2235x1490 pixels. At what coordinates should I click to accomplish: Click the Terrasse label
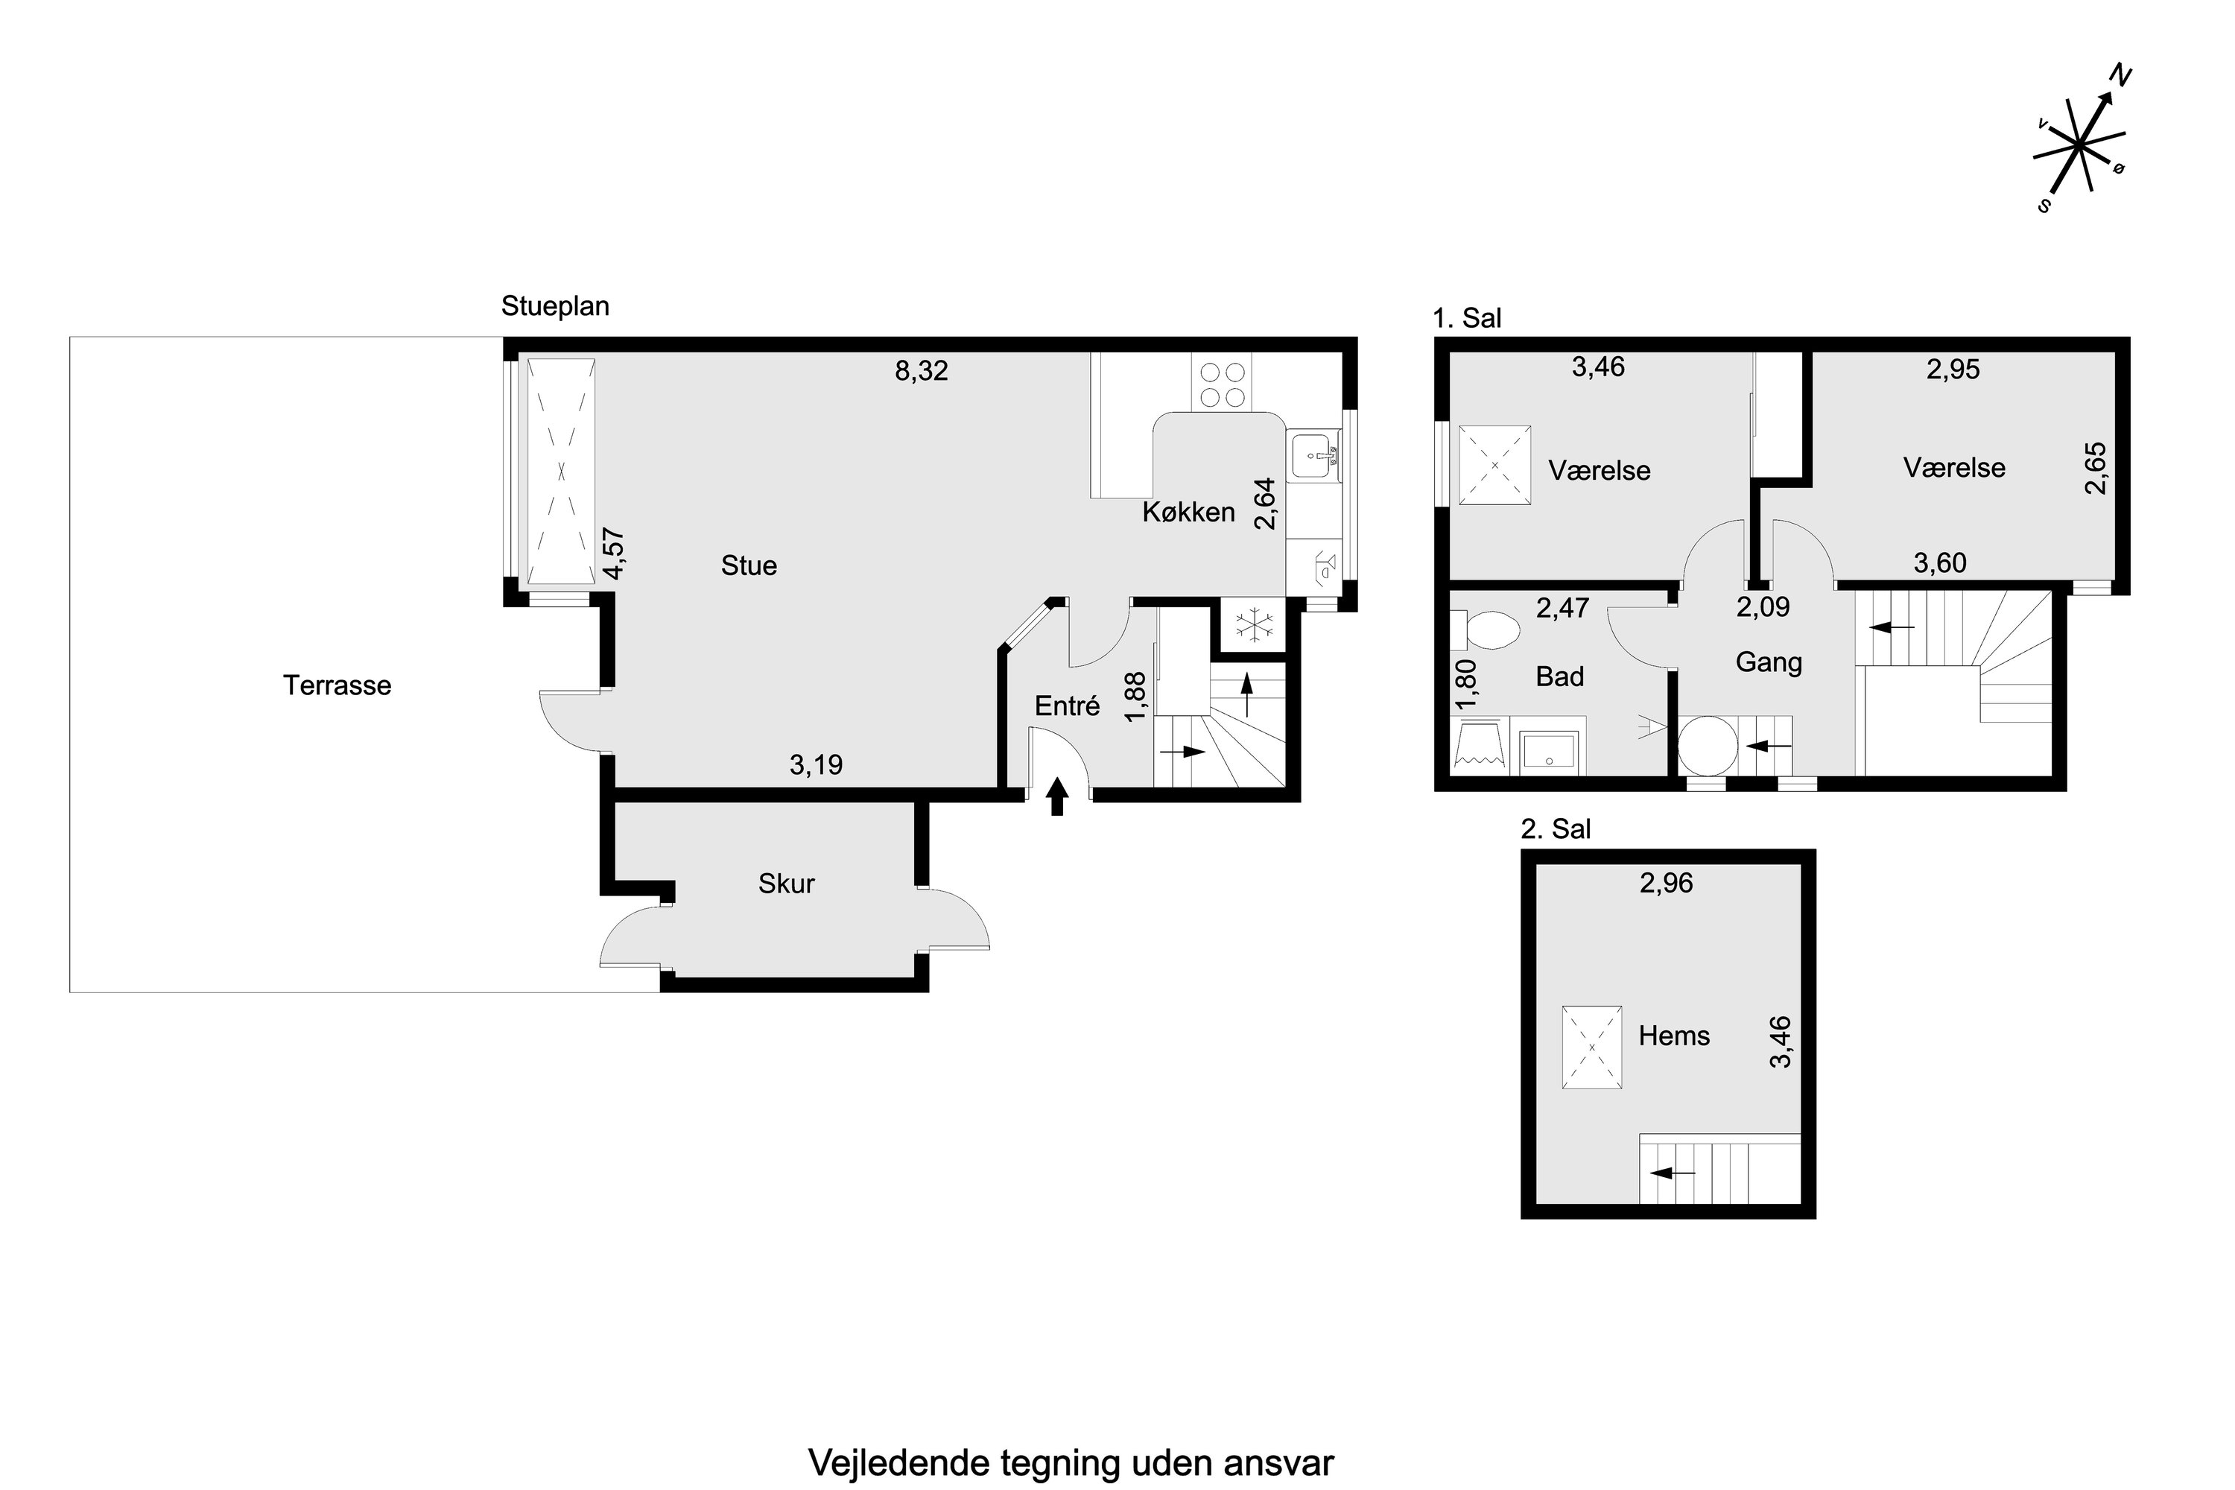(x=337, y=685)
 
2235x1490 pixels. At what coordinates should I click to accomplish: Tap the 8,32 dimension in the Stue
(x=921, y=370)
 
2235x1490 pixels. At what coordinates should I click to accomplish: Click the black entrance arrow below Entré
(x=1056, y=796)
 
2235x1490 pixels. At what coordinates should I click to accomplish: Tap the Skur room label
(x=786, y=884)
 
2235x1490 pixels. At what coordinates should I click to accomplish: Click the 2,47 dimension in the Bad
(x=1562, y=608)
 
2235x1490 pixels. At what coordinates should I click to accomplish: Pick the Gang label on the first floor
(x=1769, y=662)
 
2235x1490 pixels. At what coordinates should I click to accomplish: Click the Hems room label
(x=1673, y=1036)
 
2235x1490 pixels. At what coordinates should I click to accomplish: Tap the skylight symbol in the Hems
(x=1591, y=1047)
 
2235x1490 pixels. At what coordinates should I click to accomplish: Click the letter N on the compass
(x=2120, y=75)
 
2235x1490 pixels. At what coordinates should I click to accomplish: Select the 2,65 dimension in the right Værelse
(x=2095, y=469)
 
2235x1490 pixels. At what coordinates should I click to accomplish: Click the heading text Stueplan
(x=555, y=307)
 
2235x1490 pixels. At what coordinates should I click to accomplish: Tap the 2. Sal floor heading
(x=1556, y=830)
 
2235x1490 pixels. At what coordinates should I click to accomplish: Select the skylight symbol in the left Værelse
(x=1494, y=466)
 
